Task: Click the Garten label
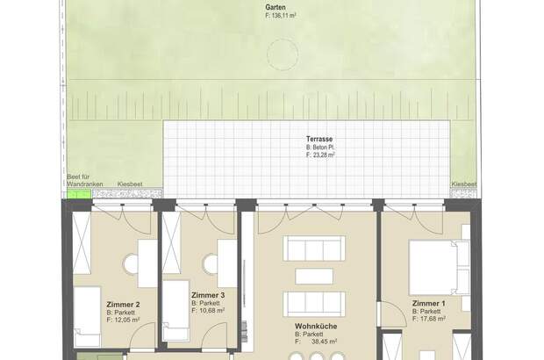pyautogui.click(x=276, y=8)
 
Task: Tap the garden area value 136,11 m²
pyautogui.click(x=283, y=16)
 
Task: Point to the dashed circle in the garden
pyautogui.click(x=283, y=54)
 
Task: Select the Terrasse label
pyautogui.click(x=319, y=140)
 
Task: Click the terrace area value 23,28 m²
pyautogui.click(x=324, y=155)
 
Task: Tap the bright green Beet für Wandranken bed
pyautogui.click(x=79, y=194)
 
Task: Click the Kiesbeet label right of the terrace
pyautogui.click(x=464, y=184)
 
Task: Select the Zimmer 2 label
pyautogui.click(x=123, y=305)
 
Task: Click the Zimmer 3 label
pyautogui.click(x=208, y=295)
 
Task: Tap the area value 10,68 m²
pyautogui.click(x=211, y=311)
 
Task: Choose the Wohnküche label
pyautogui.click(x=316, y=327)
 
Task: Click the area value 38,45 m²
pyautogui.click(x=324, y=342)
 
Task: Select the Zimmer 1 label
pyautogui.click(x=428, y=304)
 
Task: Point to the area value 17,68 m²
pyautogui.click(x=433, y=319)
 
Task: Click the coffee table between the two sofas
pyautogui.click(x=314, y=277)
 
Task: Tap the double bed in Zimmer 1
pyautogui.click(x=440, y=267)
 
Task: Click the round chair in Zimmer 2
pyautogui.click(x=131, y=264)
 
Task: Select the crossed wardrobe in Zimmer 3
pyautogui.click(x=171, y=242)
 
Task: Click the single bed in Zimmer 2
pyautogui.click(x=87, y=316)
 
